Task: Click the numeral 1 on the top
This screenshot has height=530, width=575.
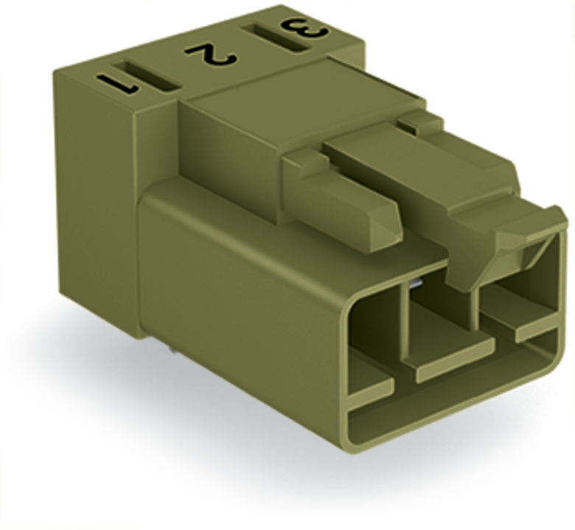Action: tap(117, 83)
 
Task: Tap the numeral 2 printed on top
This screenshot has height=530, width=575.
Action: tap(211, 55)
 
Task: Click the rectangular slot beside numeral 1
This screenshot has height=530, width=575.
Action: tap(147, 76)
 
